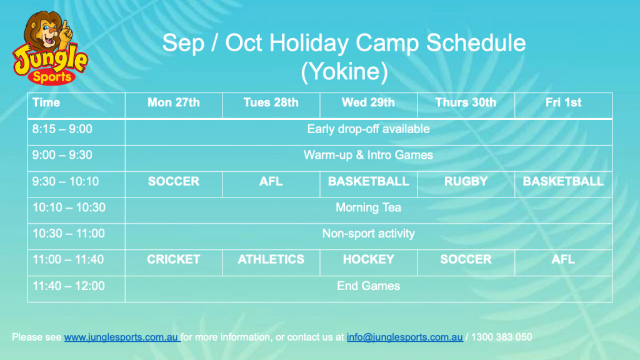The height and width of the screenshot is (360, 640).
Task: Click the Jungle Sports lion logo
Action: (x=50, y=48)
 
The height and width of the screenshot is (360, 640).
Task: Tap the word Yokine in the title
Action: (x=344, y=71)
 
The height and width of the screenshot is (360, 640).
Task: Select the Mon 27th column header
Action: (x=174, y=102)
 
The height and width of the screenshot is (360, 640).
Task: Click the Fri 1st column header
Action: (x=563, y=102)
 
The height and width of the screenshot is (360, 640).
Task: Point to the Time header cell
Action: (x=46, y=102)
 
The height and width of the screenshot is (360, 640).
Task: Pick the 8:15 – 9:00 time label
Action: (x=62, y=129)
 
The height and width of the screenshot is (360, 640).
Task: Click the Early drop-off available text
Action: (x=368, y=129)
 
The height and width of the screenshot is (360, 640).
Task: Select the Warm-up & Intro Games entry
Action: (x=368, y=155)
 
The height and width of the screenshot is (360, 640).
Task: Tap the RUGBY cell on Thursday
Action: (x=466, y=181)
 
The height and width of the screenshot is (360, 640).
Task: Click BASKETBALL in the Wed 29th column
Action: (x=368, y=181)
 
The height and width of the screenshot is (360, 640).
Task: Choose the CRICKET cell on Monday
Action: (x=174, y=259)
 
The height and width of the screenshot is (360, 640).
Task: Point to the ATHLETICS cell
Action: (x=271, y=259)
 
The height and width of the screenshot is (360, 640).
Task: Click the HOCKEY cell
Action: (x=368, y=259)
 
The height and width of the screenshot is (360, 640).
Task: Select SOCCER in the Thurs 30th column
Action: (x=466, y=259)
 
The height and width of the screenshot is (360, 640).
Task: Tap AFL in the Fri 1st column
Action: (x=563, y=259)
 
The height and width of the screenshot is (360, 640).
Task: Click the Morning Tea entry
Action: (x=368, y=207)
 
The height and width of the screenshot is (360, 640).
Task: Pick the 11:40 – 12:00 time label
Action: (x=69, y=286)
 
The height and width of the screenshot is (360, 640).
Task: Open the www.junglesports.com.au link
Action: (x=121, y=337)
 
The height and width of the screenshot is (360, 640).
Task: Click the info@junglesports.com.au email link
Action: (x=404, y=337)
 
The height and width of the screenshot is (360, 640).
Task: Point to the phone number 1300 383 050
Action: (x=502, y=337)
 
